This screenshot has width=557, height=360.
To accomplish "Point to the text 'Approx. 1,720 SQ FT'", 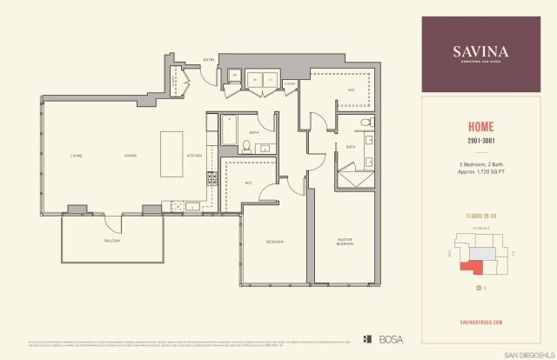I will coord(486,171).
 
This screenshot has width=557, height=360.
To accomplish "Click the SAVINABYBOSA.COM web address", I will coord(486,321).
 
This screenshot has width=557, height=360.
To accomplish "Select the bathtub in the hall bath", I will coord(229,131).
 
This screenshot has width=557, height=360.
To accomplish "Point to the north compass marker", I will coord(478,288).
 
